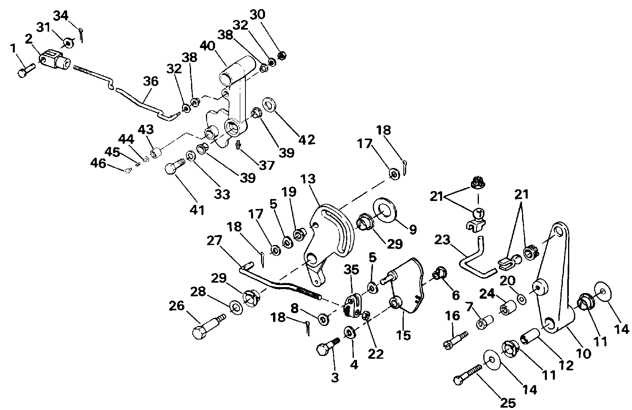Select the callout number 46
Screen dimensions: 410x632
pyautogui.click(x=99, y=163)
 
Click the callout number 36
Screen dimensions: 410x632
pyautogui.click(x=151, y=81)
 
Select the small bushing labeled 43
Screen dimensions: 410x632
pyautogui.click(x=156, y=153)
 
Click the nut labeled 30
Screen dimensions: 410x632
pyautogui.click(x=281, y=56)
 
